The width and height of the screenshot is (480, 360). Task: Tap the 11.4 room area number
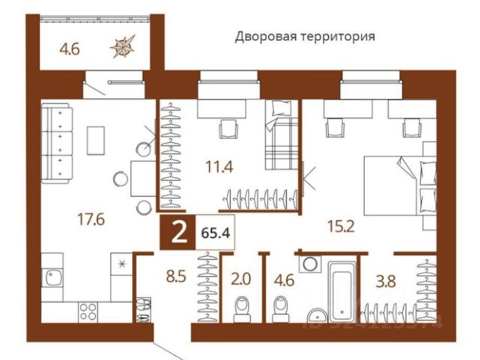219,168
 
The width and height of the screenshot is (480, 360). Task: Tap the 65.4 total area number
214,232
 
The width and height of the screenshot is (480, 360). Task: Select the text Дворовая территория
304,35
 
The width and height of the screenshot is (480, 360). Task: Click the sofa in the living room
57,142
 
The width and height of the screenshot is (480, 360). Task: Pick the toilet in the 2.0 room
241,307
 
